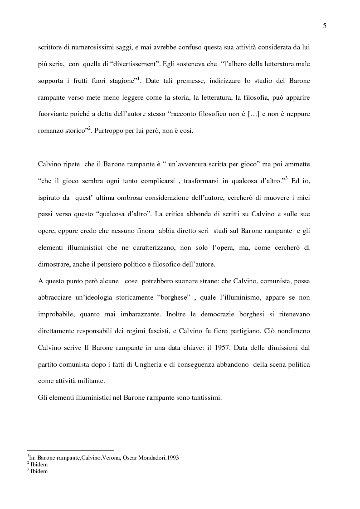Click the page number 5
(x=324, y=26)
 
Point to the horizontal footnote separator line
(x=70, y=450)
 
